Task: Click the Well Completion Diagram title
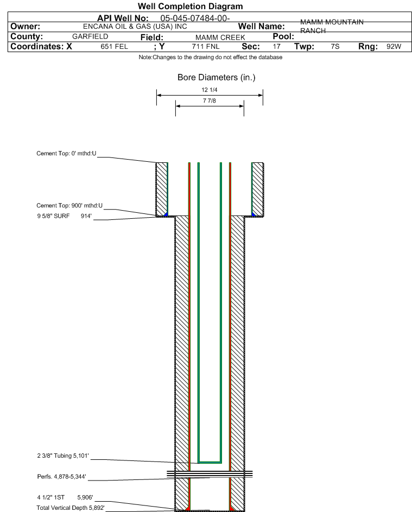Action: pyautogui.click(x=191, y=6)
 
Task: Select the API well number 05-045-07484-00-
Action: pyautogui.click(x=195, y=18)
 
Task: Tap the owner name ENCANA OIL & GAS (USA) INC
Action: pyautogui.click(x=135, y=27)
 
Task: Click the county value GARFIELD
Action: pyautogui.click(x=90, y=36)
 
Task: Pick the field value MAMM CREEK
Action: pyautogui.click(x=220, y=37)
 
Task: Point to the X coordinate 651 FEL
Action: pyautogui.click(x=114, y=46)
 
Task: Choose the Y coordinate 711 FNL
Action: pyautogui.click(x=206, y=46)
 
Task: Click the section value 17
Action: pyautogui.click(x=276, y=46)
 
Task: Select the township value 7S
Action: pyautogui.click(x=335, y=46)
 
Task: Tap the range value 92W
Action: pyautogui.click(x=394, y=46)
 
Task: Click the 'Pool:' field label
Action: pyautogui.click(x=283, y=36)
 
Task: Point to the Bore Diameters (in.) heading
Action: pyautogui.click(x=217, y=78)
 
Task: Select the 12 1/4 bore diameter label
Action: pyautogui.click(x=210, y=90)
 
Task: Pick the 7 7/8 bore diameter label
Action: pyautogui.click(x=210, y=100)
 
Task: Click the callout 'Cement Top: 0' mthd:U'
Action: pyautogui.click(x=66, y=154)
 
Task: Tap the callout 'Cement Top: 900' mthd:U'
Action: pyautogui.click(x=69, y=205)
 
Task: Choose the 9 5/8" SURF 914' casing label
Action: pyautogui.click(x=64, y=216)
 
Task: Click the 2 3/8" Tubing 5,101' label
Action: pyautogui.click(x=63, y=456)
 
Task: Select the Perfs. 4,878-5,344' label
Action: pyautogui.click(x=62, y=477)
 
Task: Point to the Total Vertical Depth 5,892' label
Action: pyautogui.click(x=71, y=508)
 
